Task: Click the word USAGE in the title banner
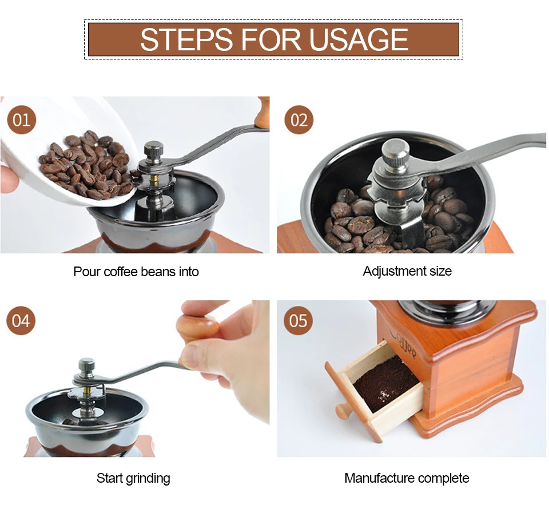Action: click(x=359, y=39)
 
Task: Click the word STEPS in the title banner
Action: click(x=186, y=39)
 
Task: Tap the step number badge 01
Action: click(x=22, y=120)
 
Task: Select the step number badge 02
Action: click(x=299, y=120)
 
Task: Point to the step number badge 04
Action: click(x=21, y=320)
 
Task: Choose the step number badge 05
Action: click(x=299, y=320)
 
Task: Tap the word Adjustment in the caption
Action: click(x=395, y=272)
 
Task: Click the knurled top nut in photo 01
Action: click(x=153, y=150)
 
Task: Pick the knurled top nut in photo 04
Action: click(x=87, y=367)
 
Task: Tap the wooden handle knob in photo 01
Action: click(x=262, y=112)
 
